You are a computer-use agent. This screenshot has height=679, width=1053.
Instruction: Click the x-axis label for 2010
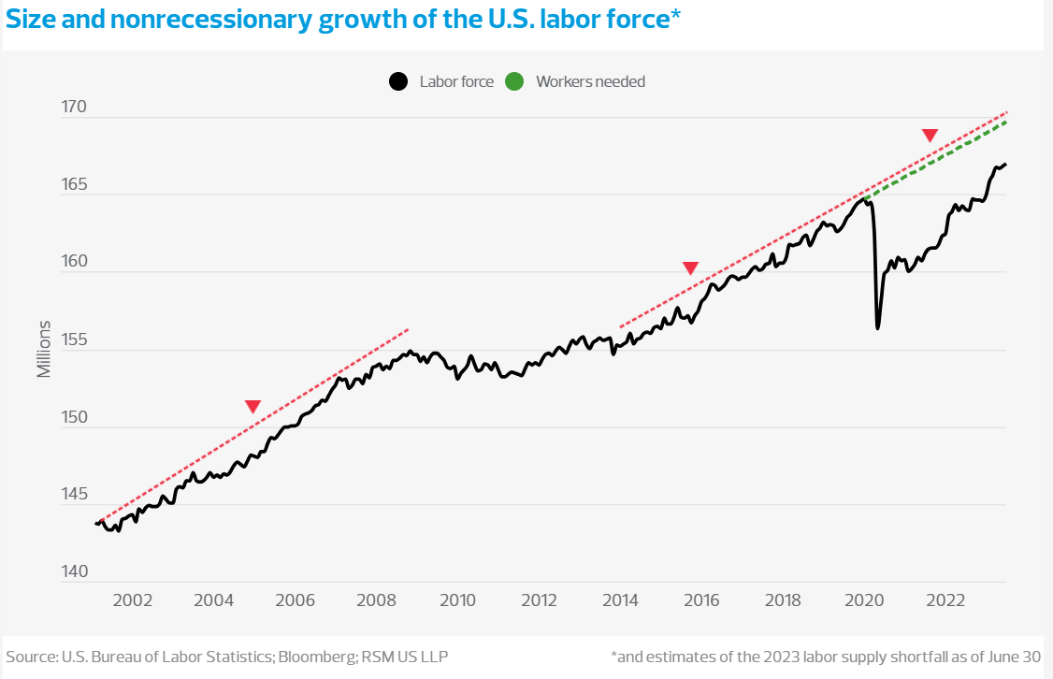click(458, 600)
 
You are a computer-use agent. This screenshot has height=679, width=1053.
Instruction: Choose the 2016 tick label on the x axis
click(702, 600)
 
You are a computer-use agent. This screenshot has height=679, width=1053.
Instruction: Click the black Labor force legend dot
click(398, 81)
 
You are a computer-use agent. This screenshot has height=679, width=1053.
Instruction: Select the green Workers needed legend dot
click(514, 81)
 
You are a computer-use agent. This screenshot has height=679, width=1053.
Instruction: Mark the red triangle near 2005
click(252, 406)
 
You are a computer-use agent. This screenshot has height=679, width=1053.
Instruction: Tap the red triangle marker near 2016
click(690, 268)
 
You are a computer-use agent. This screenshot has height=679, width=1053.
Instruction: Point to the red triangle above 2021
click(930, 136)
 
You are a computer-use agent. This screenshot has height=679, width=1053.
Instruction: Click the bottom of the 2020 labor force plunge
click(877, 327)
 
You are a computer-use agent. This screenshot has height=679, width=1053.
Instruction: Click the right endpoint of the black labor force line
click(1005, 165)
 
